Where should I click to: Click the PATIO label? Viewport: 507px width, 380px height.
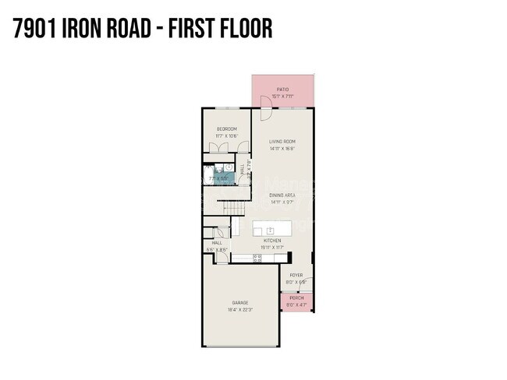coord(283,90)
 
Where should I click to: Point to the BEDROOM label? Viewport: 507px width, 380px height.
coord(227,128)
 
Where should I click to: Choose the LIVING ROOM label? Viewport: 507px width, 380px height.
coord(282,141)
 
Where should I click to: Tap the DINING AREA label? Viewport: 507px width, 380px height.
coord(282,195)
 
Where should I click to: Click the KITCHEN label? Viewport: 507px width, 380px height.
coord(272,241)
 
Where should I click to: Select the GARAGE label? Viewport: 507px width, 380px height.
coord(239,302)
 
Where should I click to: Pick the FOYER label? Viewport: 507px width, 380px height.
coord(296,275)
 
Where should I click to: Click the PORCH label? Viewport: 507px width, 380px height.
coord(296,298)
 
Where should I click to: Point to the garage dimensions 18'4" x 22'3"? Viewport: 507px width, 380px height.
coord(239,309)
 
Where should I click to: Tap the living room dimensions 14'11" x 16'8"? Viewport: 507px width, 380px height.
coord(282,148)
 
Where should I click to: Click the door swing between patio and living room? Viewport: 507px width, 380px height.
coord(264,113)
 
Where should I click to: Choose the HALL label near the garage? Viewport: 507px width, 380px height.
coord(217,243)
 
